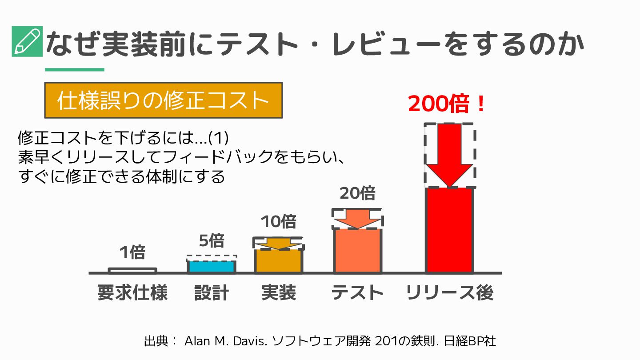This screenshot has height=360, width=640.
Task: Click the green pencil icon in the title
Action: tap(27, 41)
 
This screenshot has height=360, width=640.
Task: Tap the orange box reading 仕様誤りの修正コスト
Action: tap(163, 100)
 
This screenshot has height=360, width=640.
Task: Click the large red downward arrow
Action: tap(449, 156)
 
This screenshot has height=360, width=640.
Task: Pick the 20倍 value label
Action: tap(358, 193)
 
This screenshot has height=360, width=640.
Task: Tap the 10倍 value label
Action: tap(278, 221)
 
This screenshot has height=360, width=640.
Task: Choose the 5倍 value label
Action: tap(211, 240)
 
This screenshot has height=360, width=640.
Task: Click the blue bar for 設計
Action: tap(211, 266)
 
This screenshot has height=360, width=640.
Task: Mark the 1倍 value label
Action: tap(132, 252)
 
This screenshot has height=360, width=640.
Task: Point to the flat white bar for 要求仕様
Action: tap(132, 270)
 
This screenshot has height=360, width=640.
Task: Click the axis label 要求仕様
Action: tap(132, 293)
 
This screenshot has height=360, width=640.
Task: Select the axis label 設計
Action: tap(212, 293)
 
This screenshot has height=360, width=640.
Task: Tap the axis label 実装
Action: tap(279, 293)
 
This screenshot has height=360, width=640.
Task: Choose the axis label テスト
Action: tap(358, 293)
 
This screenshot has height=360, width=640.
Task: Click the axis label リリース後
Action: tap(450, 293)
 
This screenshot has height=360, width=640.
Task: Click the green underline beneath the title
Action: tap(75, 69)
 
